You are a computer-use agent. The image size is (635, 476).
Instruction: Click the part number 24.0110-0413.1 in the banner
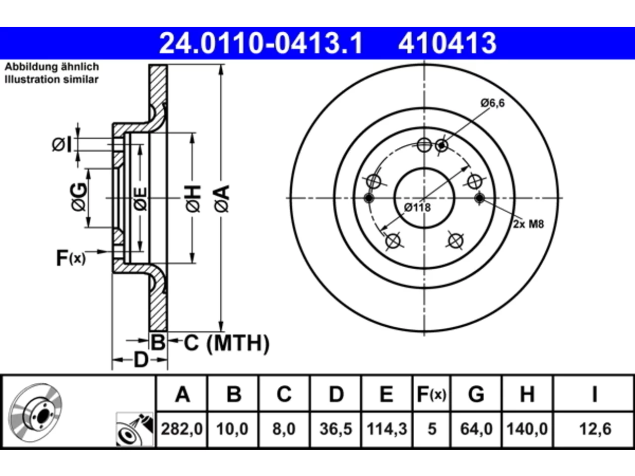point(260,43)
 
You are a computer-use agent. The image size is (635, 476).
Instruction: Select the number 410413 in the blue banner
point(447,43)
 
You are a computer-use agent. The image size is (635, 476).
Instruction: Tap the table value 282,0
point(182,429)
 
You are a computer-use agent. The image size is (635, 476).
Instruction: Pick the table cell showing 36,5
point(336,429)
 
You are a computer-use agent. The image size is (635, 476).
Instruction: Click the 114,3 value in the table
point(387,429)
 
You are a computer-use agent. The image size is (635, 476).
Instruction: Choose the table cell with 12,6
point(595,429)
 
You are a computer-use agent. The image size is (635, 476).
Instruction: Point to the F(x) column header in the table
point(432,394)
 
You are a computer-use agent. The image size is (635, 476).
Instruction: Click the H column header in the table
point(527,394)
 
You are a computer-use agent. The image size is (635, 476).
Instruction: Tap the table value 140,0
point(527,429)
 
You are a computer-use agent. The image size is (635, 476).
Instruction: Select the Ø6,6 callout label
point(493,103)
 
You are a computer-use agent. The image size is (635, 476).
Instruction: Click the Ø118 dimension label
point(417,208)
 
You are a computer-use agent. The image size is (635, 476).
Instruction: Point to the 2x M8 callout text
point(528,224)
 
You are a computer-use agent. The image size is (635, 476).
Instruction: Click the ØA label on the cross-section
point(222,199)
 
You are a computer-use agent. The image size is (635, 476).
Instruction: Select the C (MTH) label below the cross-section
point(227,343)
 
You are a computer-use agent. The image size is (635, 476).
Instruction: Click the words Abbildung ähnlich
point(52,67)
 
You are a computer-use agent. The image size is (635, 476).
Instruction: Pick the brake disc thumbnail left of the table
point(35,413)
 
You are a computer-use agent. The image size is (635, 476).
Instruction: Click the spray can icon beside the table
point(134,429)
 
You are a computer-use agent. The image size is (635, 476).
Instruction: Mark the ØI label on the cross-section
point(62,144)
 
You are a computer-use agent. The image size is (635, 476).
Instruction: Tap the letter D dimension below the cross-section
point(141,360)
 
